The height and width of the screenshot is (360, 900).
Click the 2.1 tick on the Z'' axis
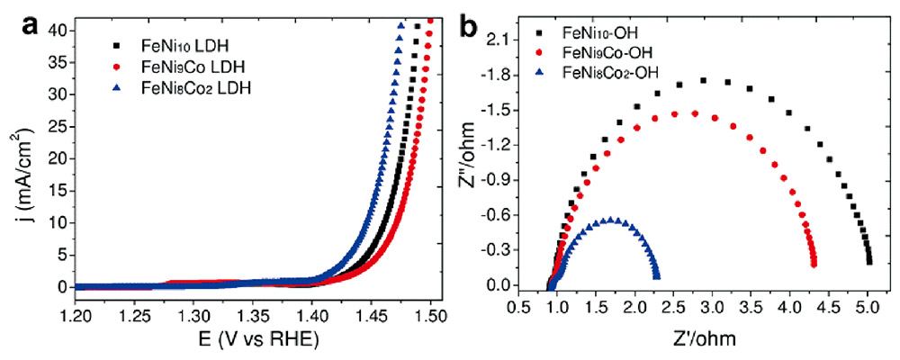(522, 40)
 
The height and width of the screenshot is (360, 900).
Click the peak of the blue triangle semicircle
(612, 220)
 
